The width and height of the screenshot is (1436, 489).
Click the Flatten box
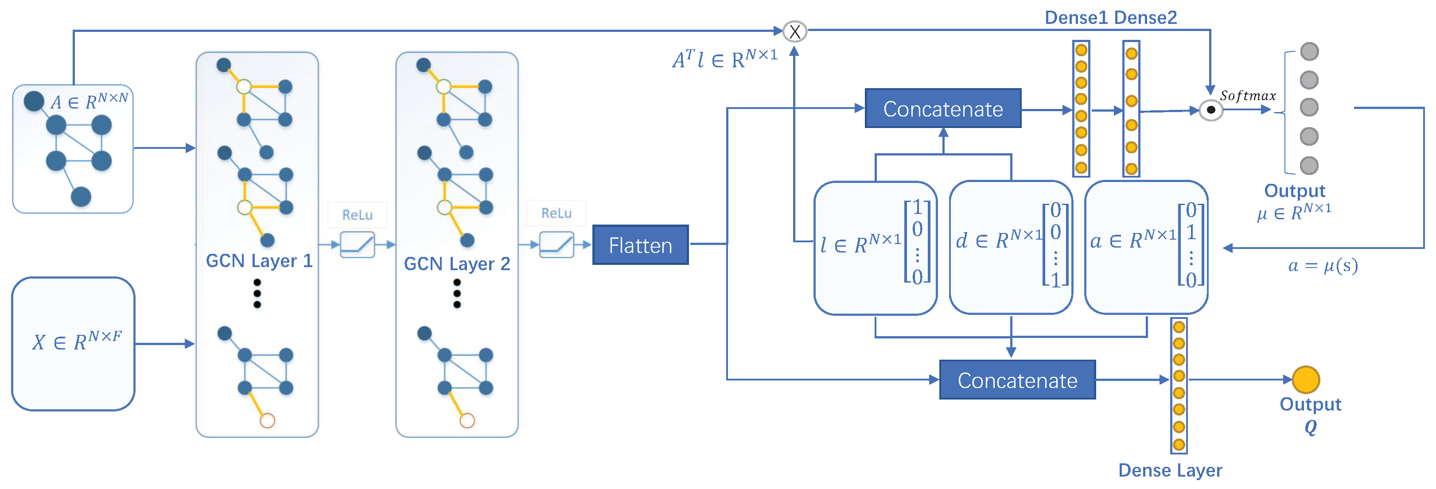[640, 245]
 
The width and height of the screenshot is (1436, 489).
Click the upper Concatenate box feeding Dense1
[943, 109]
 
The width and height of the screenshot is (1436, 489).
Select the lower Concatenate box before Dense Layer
[1017, 380]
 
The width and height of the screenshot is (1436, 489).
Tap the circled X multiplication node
[794, 32]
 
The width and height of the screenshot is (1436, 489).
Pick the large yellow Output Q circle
[1306, 380]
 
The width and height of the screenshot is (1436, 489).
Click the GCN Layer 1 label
[259, 261]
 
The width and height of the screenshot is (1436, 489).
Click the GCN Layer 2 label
[456, 264]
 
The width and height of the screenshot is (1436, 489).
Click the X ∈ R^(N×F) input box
[74, 343]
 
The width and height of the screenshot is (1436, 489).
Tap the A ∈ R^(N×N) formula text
[89, 101]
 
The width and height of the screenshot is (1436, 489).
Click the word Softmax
[1248, 96]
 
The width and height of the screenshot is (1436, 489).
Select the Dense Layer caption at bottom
[1170, 470]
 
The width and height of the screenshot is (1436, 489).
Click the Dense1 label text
[1075, 18]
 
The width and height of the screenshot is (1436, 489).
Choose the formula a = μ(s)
[1322, 265]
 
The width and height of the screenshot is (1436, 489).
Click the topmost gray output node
[1309, 52]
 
